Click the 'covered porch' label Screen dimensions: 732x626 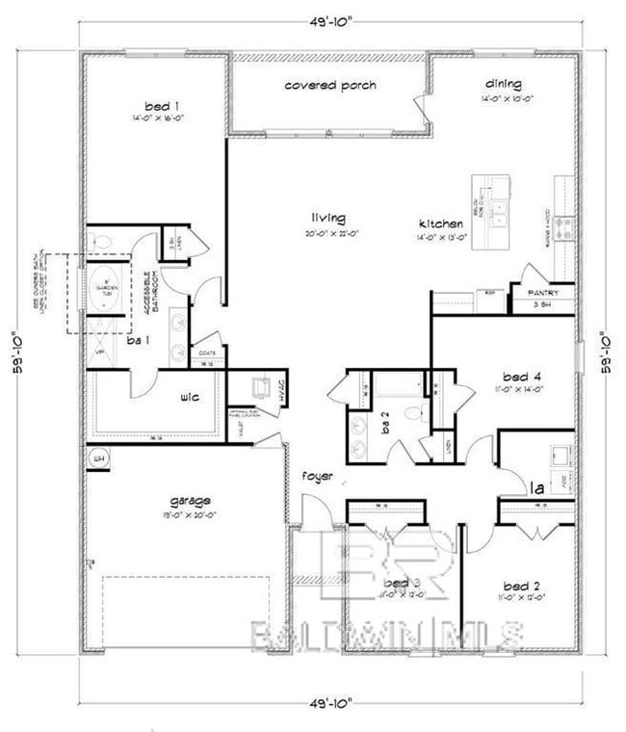click(330, 86)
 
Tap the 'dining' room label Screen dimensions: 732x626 click(503, 84)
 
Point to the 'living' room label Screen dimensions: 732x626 click(327, 218)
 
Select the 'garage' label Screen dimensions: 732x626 click(191, 500)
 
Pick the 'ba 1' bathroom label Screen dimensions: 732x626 click(138, 340)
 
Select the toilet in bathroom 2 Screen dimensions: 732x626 click(411, 415)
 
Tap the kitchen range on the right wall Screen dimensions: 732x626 click(565, 227)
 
